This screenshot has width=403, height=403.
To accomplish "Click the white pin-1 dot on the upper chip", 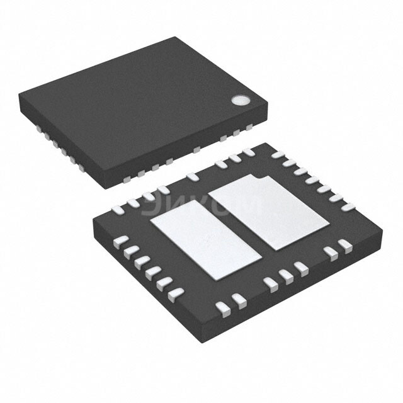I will (239, 99).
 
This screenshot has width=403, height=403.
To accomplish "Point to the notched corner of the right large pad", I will (260, 178).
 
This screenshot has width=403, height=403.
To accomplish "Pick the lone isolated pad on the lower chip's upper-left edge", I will (193, 177).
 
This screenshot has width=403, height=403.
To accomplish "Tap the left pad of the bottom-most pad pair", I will (222, 307).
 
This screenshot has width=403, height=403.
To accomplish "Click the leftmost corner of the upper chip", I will (19, 94).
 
